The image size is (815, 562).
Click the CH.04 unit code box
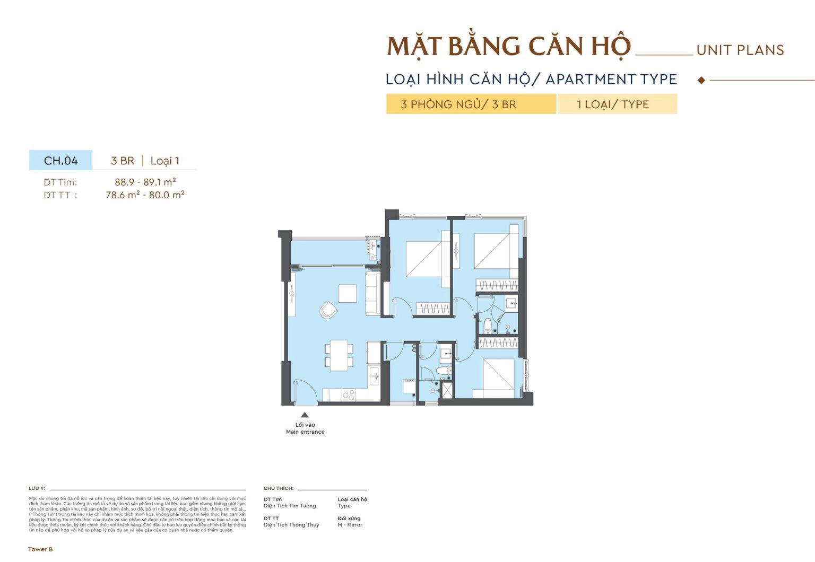point(60,161)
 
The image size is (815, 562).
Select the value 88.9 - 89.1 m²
point(145,182)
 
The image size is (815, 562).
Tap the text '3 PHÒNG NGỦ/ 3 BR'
point(458,104)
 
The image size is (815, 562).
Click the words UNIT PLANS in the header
point(740,50)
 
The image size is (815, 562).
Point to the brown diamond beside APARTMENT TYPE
point(701,81)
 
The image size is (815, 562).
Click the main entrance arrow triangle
point(305,415)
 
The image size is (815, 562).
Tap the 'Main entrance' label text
point(305,432)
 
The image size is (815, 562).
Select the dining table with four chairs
point(339,355)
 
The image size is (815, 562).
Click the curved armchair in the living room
point(328,310)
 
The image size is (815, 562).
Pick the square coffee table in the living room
point(348,293)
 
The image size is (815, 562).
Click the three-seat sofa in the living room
point(372,293)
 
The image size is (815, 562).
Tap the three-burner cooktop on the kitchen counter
point(349,395)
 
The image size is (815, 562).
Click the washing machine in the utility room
point(409,386)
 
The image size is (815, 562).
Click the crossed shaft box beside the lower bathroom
point(448,389)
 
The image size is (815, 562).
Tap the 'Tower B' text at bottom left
point(40,549)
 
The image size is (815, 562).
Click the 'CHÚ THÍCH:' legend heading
point(279,488)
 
